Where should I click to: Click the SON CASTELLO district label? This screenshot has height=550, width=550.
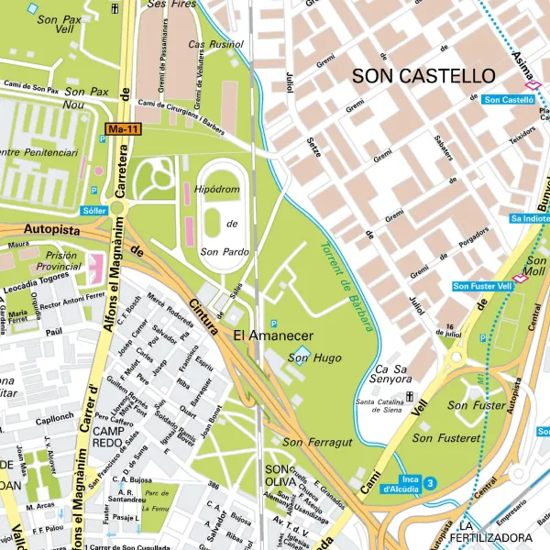point(423,76)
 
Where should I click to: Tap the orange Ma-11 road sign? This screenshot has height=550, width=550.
point(123,130)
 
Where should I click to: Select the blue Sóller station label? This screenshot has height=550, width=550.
point(94,210)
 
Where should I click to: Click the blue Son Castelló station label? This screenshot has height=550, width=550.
point(509,99)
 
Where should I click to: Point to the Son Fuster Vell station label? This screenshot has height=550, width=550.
point(482,286)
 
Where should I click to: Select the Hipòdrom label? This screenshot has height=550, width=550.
point(216,189)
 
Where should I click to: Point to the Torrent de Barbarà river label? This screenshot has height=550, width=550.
point(347,285)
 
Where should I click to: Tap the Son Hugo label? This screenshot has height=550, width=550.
point(308,357)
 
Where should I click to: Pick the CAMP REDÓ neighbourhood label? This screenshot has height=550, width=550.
point(108,437)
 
